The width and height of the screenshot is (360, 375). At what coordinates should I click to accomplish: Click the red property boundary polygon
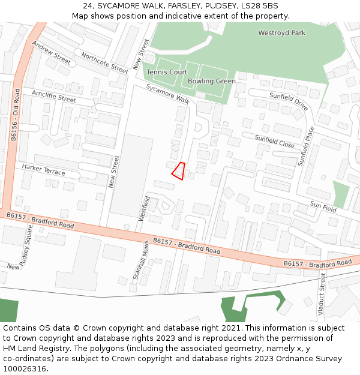tap(178, 171)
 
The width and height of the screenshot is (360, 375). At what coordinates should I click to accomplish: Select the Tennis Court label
tap(167, 72)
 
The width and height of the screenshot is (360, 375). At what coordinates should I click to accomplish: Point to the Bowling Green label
tap(211, 81)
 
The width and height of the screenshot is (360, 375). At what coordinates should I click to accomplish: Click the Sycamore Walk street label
tap(168, 94)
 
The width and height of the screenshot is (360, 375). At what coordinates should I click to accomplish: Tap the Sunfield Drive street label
tap(289, 101)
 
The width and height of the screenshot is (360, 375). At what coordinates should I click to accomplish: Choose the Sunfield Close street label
tap(274, 142)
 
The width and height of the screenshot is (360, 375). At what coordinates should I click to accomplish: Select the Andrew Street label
tap(51, 53)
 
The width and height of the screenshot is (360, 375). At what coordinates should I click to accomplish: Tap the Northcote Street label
tap(104, 63)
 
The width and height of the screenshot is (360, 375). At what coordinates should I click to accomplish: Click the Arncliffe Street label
tap(54, 96)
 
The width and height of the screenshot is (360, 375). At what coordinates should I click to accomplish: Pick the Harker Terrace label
tap(43, 169)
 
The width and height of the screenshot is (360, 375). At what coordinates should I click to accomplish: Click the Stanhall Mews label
tap(140, 262)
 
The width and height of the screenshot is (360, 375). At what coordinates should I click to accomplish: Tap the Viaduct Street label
tap(322, 295)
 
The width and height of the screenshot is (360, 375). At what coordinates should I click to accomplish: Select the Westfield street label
tap(144, 208)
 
